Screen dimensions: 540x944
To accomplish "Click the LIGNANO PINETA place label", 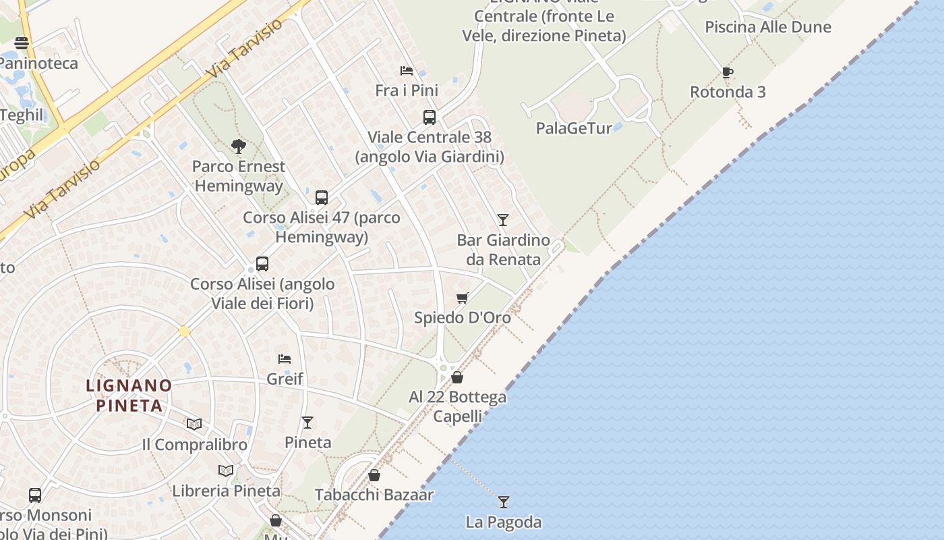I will (129, 396).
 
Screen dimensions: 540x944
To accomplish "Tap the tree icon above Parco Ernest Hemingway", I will (238, 146).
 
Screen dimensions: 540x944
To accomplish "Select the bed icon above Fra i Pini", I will (407, 70).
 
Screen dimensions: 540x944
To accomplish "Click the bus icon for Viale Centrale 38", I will (430, 117).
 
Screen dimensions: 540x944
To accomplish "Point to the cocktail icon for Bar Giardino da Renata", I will (503, 219).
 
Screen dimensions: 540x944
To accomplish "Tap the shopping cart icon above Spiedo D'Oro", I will (463, 298).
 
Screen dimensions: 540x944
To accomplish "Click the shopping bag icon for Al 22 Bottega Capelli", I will (457, 377).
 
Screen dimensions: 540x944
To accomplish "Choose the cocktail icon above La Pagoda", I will (504, 502).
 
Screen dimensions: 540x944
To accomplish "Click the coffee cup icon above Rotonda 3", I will (727, 72).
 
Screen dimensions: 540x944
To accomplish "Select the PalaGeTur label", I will (574, 128).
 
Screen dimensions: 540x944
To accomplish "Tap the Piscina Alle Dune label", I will (768, 27).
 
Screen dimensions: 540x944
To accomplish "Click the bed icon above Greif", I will (285, 358).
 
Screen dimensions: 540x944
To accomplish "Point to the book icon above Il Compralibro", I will (194, 424).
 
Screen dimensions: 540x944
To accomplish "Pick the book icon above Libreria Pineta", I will (226, 470).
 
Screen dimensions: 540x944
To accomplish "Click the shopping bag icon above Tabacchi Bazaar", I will (374, 475).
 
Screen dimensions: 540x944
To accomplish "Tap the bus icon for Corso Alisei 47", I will (322, 198).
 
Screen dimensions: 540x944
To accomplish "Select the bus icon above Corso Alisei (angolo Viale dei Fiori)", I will (262, 264).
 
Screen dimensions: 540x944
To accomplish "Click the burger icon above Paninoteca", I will (22, 43).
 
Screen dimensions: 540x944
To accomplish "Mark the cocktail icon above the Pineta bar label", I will (307, 423).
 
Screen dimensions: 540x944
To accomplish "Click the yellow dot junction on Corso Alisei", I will (184, 331).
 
